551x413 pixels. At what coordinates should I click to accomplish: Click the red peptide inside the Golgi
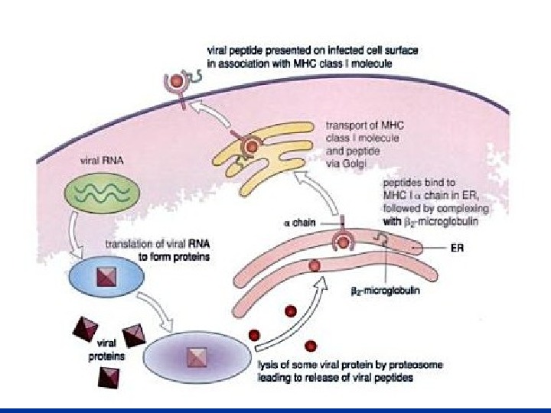pyautogui.click(x=251, y=145)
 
